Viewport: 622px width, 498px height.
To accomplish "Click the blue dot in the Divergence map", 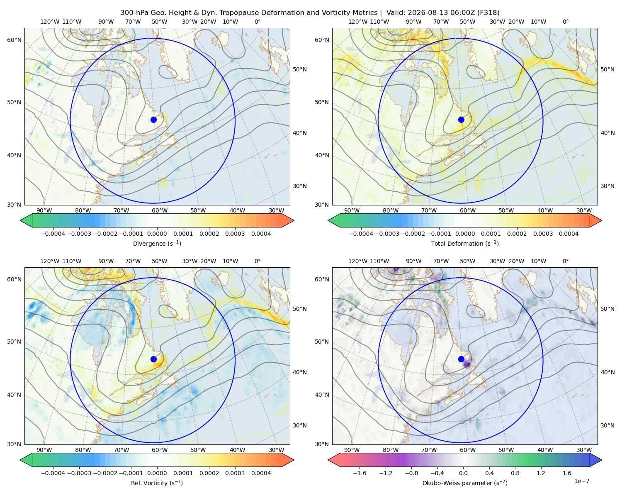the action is click(153, 120).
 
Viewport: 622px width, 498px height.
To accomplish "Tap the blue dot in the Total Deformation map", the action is click(461, 120).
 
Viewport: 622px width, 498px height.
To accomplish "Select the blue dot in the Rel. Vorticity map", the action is click(153, 359).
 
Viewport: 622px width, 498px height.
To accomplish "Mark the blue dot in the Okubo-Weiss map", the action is click(461, 359).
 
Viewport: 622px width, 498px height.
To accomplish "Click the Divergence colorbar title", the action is click(157, 243).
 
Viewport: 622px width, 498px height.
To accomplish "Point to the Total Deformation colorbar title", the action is click(465, 243).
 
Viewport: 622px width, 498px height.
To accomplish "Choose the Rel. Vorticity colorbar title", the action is click(157, 483).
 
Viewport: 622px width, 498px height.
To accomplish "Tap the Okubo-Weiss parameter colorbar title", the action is click(465, 483).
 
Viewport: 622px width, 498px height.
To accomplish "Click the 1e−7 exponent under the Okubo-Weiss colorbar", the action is click(581, 481).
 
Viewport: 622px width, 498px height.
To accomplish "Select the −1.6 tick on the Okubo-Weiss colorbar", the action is click(360, 473).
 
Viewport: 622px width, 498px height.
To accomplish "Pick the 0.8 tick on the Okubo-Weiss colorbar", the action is click(515, 473).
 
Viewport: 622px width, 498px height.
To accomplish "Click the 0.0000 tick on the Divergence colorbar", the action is click(157, 234).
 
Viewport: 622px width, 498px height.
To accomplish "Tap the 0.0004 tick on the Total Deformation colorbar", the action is click(569, 234).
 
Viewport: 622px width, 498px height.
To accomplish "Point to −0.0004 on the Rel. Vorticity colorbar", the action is click(53, 473).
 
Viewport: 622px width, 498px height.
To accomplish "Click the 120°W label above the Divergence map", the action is click(50, 22).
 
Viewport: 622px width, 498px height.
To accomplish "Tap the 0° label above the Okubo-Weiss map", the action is click(565, 261).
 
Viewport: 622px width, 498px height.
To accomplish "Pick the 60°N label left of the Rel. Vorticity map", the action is click(14, 279).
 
